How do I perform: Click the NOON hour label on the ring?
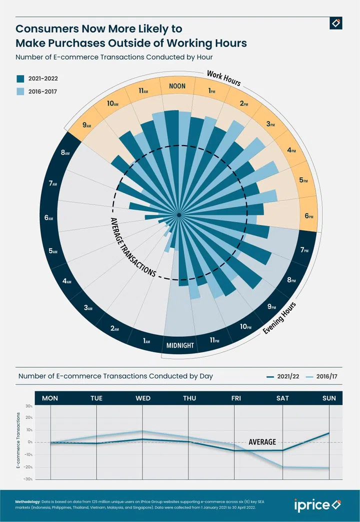coord(177,86)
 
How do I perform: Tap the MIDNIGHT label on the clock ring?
coord(180,345)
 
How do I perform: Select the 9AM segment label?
coord(86,125)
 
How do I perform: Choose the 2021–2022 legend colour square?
coord(20,79)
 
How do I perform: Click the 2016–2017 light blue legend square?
coord(20,92)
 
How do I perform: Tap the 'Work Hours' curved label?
coord(224,79)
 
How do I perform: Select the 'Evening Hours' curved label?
coord(279,319)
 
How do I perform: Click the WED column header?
coord(143,398)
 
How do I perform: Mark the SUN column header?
coord(329,398)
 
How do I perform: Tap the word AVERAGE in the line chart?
coord(262,442)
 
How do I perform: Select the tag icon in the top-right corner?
coord(336,23)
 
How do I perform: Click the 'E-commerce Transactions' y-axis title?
coord(18,441)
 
